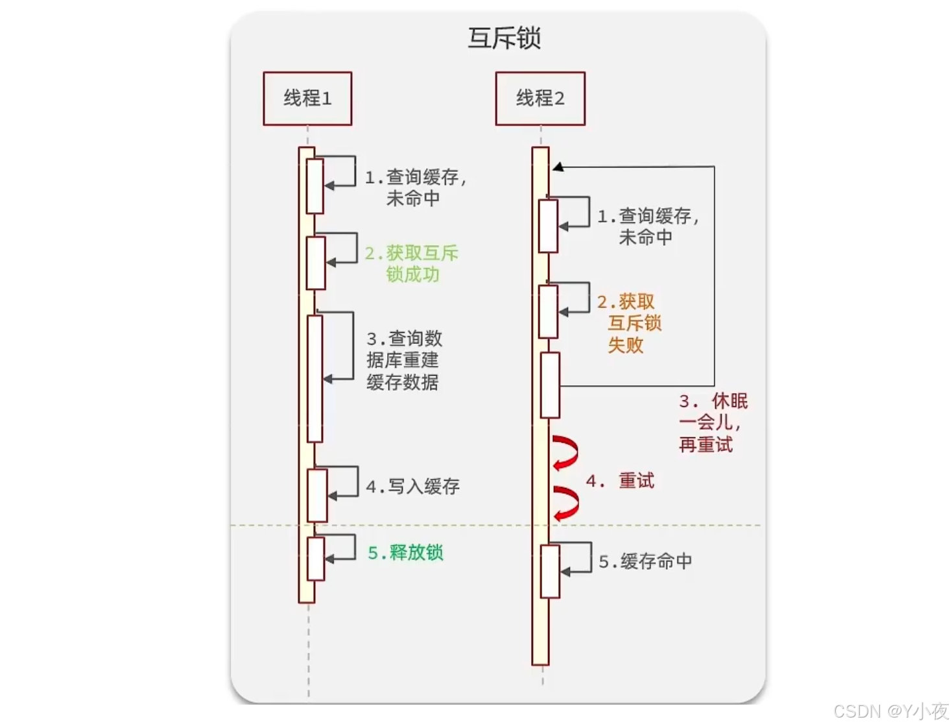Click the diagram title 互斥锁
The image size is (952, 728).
[504, 38]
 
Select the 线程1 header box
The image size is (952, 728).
[307, 99]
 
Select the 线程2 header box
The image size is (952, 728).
[540, 99]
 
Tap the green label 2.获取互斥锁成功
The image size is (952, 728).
[412, 263]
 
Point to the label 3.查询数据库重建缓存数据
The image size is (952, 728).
[403, 360]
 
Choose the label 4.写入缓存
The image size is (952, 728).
[413, 487]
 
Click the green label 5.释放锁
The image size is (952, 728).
[406, 553]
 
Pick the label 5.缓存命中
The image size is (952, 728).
[645, 561]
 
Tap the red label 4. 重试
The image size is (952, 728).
[621, 481]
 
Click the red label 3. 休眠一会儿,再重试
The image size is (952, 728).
[712, 422]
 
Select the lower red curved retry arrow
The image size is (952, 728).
[566, 504]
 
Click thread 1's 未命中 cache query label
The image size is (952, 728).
[415, 188]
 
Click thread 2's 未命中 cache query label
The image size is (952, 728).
[648, 226]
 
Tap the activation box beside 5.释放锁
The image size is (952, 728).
[316, 558]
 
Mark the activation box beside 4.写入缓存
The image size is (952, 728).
[317, 495]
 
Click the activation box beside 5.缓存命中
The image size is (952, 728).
[550, 571]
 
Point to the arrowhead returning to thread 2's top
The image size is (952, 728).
[558, 167]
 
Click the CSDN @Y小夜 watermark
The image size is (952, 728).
[891, 711]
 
